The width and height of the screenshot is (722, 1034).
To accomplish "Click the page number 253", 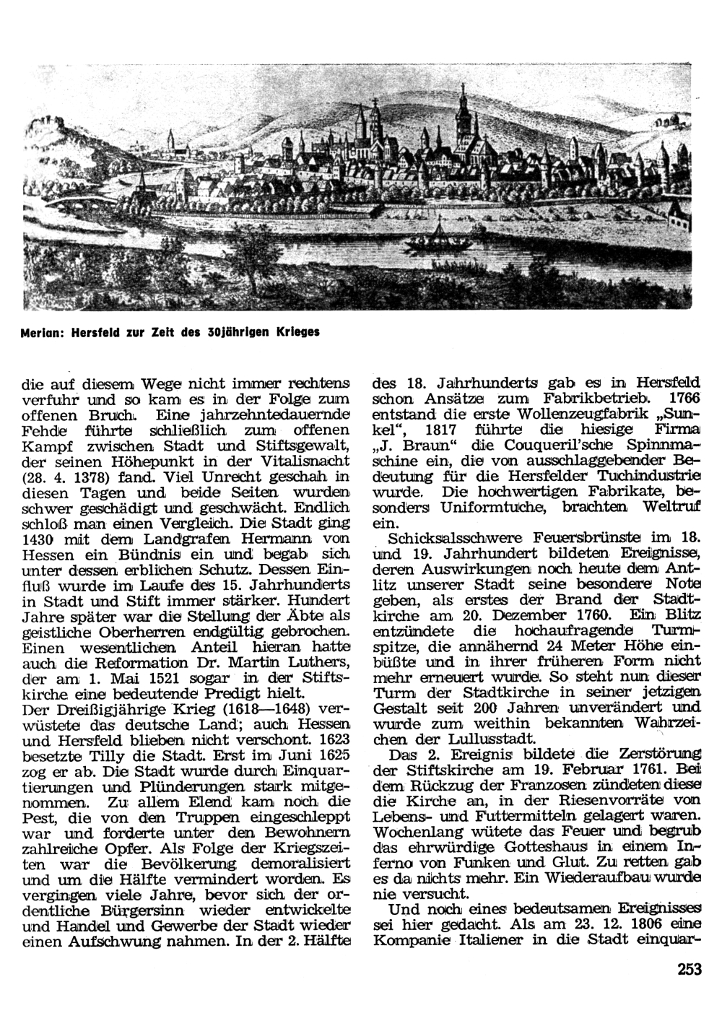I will coord(690,970).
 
